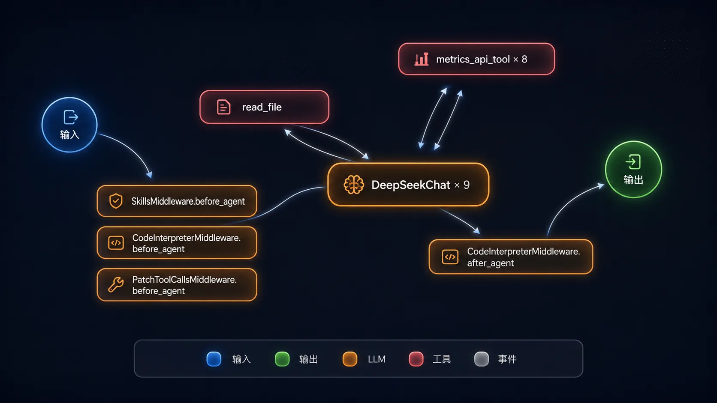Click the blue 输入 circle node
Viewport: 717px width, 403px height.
pyautogui.click(x=69, y=125)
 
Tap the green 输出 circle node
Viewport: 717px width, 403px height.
pyautogui.click(x=633, y=170)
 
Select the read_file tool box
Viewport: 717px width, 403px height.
pyautogui.click(x=265, y=107)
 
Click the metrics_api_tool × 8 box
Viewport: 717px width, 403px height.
pyautogui.click(x=476, y=59)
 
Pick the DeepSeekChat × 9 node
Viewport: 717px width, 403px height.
pyautogui.click(x=408, y=185)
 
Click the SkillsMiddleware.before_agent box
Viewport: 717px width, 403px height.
pyautogui.click(x=177, y=201)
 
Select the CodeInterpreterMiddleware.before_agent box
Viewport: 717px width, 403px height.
pyautogui.click(x=177, y=243)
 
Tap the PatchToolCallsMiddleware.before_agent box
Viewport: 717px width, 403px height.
pyautogui.click(x=177, y=285)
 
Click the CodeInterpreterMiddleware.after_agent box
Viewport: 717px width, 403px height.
pyautogui.click(x=511, y=257)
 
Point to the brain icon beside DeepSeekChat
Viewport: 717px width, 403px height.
pyautogui.click(x=354, y=185)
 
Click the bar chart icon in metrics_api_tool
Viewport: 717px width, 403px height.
pyautogui.click(x=421, y=59)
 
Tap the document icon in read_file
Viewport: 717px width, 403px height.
pyautogui.click(x=223, y=107)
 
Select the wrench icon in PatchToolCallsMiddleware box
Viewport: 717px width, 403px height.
pyautogui.click(x=115, y=284)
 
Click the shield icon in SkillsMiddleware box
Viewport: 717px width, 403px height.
pyautogui.click(x=116, y=201)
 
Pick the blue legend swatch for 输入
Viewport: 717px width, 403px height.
pyautogui.click(x=214, y=359)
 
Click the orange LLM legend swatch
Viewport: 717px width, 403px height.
pyautogui.click(x=350, y=359)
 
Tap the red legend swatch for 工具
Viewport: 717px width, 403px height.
pyautogui.click(x=416, y=359)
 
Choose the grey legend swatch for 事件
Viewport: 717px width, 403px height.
pyautogui.click(x=482, y=359)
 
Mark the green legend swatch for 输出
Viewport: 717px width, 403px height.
pyautogui.click(x=282, y=359)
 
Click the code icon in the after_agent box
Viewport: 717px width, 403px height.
pyautogui.click(x=450, y=257)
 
